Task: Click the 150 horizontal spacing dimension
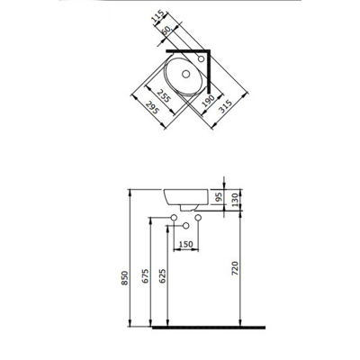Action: click(x=186, y=243)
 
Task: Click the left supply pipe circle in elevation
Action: click(x=174, y=218)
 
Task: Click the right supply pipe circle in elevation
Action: click(x=199, y=218)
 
